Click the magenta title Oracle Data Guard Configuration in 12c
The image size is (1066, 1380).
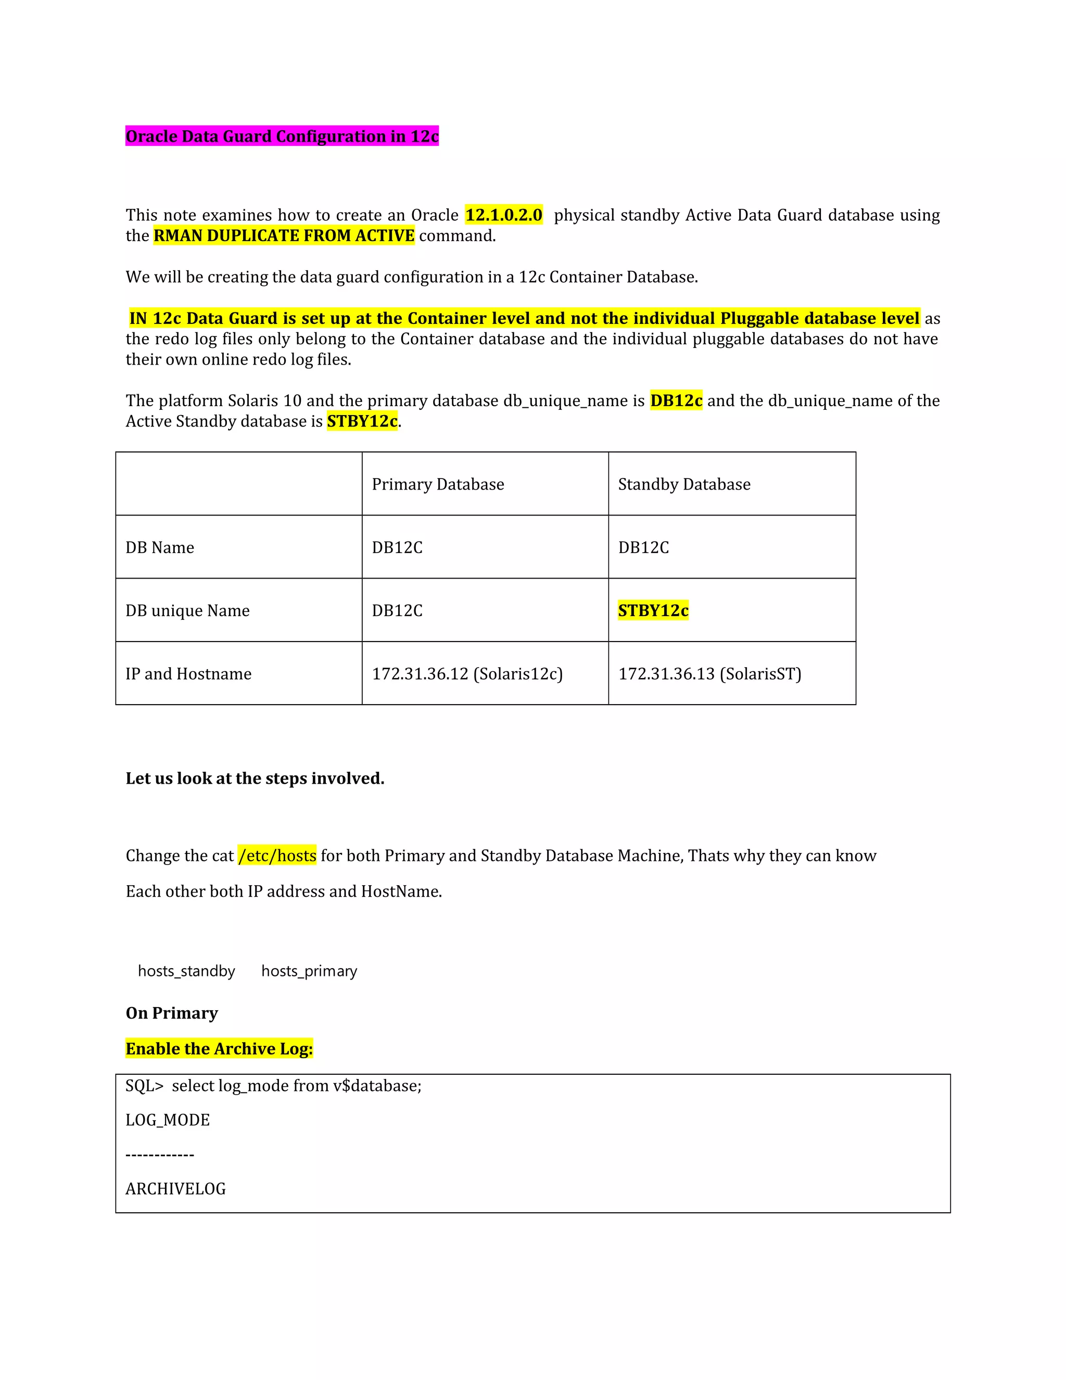pos(282,136)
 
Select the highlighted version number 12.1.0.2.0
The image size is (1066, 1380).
pos(503,216)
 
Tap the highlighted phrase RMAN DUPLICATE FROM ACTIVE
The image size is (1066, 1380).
pos(284,236)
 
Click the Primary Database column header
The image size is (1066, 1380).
pos(438,485)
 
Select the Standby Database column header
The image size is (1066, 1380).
pos(684,485)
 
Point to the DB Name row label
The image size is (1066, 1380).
pos(160,548)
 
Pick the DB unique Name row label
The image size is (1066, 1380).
pos(187,611)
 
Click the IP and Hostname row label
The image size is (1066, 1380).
pos(188,674)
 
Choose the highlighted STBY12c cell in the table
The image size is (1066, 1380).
pos(653,611)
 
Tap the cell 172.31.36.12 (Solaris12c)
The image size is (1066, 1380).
pos(467,674)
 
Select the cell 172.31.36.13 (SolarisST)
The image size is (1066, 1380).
pos(709,674)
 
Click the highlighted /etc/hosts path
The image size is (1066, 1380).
pos(277,856)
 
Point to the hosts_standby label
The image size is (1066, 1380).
pos(186,971)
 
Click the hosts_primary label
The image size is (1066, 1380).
pos(309,971)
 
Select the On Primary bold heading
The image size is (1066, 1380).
pos(172,1013)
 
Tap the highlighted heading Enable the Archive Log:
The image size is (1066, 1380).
pos(219,1049)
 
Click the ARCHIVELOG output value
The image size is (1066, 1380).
pos(175,1189)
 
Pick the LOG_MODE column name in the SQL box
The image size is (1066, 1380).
pos(168,1120)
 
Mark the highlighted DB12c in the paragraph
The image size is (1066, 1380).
pos(676,401)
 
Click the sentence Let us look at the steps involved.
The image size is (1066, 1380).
pos(255,779)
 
